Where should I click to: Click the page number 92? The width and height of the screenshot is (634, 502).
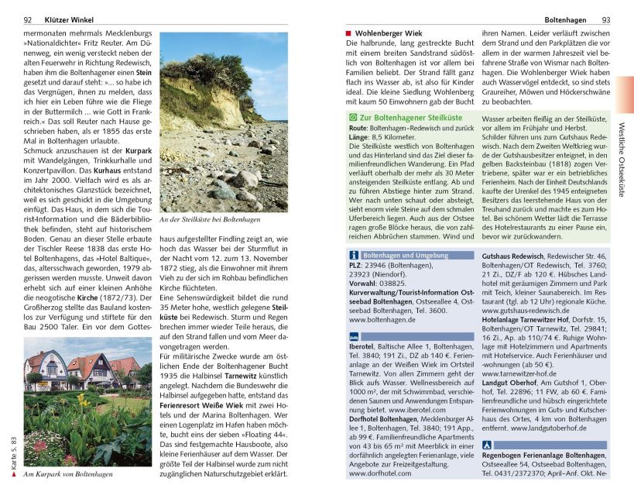(28, 19)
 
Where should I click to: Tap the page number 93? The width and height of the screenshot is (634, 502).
(606, 19)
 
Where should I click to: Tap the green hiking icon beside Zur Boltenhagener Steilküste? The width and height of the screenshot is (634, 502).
(353, 116)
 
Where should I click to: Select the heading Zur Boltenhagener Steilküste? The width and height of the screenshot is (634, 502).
(406, 116)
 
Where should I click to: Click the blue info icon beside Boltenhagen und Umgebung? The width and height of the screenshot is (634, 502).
(353, 255)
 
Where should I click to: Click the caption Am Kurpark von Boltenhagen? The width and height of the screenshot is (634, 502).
(68, 474)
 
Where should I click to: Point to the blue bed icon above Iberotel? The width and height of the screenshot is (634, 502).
(353, 337)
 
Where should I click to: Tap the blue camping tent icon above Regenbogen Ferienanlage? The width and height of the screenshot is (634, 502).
(486, 445)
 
